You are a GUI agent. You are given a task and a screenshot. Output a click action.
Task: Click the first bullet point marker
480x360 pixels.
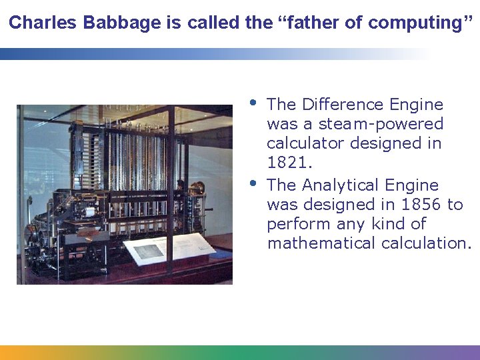click(253, 103)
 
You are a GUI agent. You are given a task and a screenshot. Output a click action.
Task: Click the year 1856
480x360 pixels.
click(417, 204)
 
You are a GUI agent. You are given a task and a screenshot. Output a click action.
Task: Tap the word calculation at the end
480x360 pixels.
click(425, 243)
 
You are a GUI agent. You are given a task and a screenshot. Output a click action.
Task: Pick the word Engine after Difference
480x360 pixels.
click(416, 105)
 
